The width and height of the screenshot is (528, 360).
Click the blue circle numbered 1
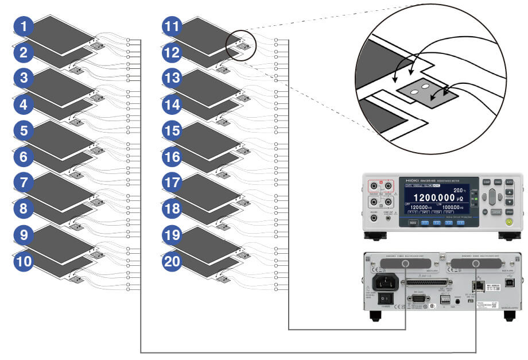[24, 26]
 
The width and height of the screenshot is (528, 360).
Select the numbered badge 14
[171, 104]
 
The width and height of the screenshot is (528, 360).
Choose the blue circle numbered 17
[171, 183]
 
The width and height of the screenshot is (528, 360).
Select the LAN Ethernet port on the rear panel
[476, 285]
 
